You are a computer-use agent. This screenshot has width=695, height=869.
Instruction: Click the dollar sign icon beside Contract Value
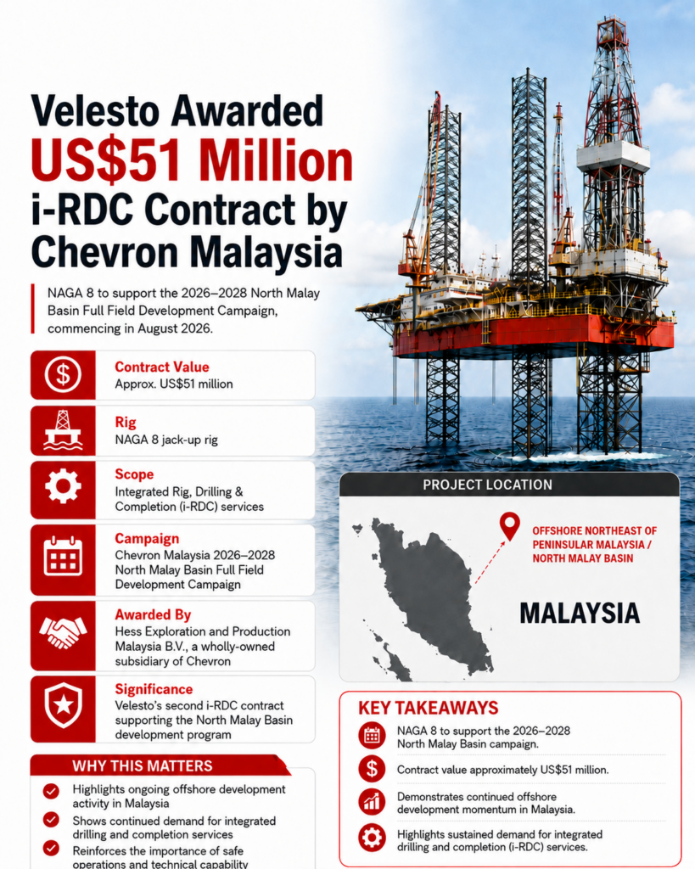click(x=63, y=374)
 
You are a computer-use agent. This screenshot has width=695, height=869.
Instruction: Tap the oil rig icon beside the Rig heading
click(x=63, y=429)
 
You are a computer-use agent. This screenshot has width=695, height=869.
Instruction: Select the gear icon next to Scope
click(x=63, y=486)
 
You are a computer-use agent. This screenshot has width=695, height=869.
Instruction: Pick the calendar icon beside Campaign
click(x=63, y=556)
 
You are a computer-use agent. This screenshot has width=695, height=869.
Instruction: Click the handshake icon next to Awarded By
click(x=63, y=632)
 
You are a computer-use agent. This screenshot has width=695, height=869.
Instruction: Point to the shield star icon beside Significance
click(x=63, y=704)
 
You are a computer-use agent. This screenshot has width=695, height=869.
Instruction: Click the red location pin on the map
click(x=509, y=525)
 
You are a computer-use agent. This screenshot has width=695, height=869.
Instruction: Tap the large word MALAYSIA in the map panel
click(x=579, y=614)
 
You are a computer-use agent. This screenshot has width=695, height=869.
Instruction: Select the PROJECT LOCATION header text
click(x=487, y=485)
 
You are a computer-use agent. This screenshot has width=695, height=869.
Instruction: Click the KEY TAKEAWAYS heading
click(x=428, y=708)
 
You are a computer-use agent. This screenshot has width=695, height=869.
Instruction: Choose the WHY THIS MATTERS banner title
click(x=142, y=766)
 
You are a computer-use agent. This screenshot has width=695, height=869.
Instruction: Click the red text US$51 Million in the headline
click(x=192, y=160)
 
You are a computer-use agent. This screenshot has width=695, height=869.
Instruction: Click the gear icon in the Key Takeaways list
click(x=372, y=837)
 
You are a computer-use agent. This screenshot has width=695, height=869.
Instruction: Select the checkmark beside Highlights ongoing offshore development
click(x=51, y=791)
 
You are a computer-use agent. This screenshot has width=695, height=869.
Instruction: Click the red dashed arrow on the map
click(x=490, y=563)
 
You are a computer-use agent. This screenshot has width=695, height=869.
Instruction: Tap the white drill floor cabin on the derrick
click(x=613, y=156)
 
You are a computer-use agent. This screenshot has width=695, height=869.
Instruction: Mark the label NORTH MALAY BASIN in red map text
click(x=582, y=558)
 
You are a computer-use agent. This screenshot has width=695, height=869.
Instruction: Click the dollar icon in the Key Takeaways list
click(x=372, y=769)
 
